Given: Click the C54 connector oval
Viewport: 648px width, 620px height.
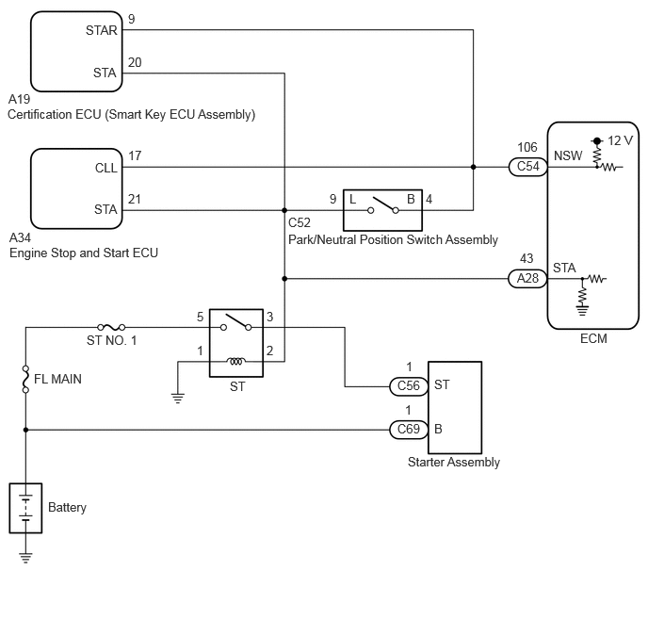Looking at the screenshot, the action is [x=527, y=167].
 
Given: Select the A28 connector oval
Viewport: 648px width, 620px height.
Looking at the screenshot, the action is [x=527, y=279].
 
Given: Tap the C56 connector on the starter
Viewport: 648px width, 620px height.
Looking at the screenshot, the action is [x=409, y=386].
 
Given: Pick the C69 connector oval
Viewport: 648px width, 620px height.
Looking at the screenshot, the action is [x=409, y=430].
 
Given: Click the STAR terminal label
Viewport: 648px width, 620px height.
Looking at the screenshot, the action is [x=102, y=30].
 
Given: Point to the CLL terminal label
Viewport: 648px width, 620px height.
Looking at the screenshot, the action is [x=106, y=168].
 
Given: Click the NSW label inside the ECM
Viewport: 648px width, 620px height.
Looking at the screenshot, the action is [x=568, y=155].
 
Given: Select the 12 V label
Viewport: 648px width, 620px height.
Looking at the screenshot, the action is [x=620, y=141].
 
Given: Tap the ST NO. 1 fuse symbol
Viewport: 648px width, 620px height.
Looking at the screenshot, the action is [x=111, y=327].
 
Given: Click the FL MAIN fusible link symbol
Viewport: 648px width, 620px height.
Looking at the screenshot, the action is [x=25, y=379].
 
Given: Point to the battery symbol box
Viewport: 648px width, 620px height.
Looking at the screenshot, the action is [x=25, y=508].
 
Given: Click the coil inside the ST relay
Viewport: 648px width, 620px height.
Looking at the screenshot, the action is [x=236, y=362].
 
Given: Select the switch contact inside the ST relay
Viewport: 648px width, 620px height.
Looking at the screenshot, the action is [x=236, y=322].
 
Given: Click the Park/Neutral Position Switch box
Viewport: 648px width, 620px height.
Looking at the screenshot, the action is [x=382, y=210].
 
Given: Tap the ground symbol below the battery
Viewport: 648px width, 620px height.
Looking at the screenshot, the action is [x=25, y=558].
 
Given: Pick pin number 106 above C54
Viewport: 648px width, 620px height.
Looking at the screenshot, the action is [x=527, y=147].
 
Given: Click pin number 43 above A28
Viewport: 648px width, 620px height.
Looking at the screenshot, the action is [x=526, y=258].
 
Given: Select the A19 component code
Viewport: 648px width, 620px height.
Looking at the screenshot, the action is [x=20, y=99].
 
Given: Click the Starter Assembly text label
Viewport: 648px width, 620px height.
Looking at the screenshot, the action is [x=454, y=462].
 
